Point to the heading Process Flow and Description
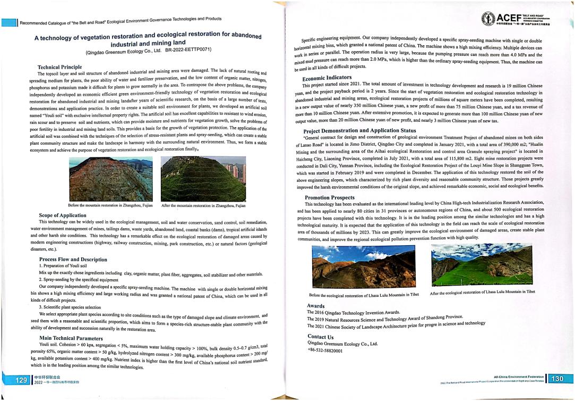tap(74, 260)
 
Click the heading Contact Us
tap(321, 337)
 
